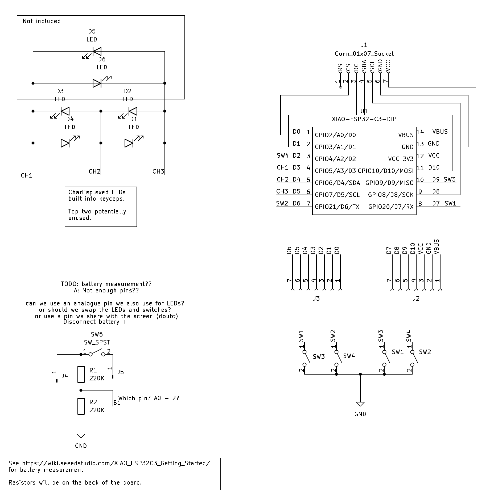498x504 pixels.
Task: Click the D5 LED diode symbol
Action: pyautogui.click(x=97, y=51)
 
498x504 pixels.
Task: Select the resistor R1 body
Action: pyautogui.click(x=81, y=374)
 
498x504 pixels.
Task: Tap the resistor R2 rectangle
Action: pyautogui.click(x=81, y=406)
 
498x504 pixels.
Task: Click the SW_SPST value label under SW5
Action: pyautogui.click(x=97, y=342)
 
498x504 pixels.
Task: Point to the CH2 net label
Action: pyautogui.click(x=94, y=171)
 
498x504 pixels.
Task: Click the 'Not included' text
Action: pyautogui.click(x=42, y=21)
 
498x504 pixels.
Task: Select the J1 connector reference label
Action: pyautogui.click(x=364, y=45)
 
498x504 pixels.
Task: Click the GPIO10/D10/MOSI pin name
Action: pyautogui.click(x=385, y=171)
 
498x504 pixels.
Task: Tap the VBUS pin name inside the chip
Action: pyautogui.click(x=406, y=135)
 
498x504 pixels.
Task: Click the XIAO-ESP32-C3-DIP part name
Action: pyautogui.click(x=364, y=119)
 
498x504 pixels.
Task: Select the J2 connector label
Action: pyautogui.click(x=416, y=298)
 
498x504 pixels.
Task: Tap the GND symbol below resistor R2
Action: pyautogui.click(x=81, y=436)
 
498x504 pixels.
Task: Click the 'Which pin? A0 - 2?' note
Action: pyautogui.click(x=149, y=398)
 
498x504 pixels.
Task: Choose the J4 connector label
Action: pyautogui.click(x=65, y=376)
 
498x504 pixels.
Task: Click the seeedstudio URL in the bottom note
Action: pyautogui.click(x=116, y=463)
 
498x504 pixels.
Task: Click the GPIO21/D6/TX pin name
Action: pyautogui.click(x=337, y=207)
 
